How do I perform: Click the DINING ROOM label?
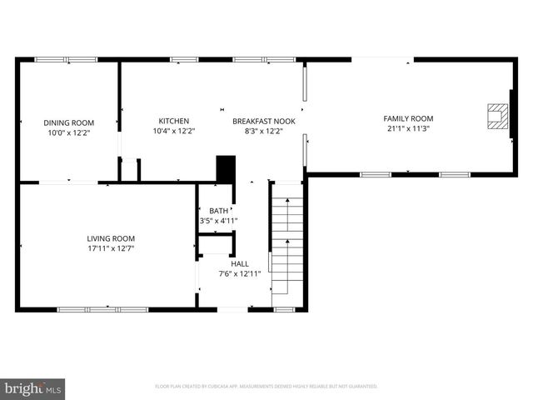tap(69, 122)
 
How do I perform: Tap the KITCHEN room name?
tap(174, 121)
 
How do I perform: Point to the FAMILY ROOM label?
tap(408, 118)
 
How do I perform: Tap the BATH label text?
tap(218, 211)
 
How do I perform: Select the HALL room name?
tap(240, 263)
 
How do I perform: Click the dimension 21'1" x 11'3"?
tap(408, 129)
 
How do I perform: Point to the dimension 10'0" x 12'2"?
tap(69, 132)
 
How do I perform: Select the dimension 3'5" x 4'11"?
tap(218, 221)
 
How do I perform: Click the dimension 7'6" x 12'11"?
tap(240, 273)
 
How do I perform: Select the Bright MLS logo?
tap(33, 388)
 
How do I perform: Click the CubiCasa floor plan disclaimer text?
tap(266, 387)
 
